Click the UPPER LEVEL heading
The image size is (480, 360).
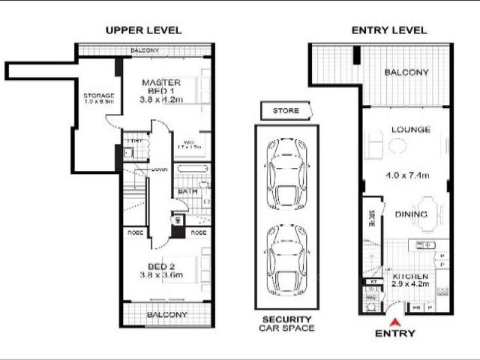pos(143,30)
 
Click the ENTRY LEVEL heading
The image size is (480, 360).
pos(389,30)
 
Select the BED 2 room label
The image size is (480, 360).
pos(162,266)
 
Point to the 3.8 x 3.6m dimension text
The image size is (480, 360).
pos(162,275)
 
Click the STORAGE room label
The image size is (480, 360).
pos(98,96)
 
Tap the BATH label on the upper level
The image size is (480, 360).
pos(188,191)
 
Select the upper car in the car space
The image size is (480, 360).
pos(286,172)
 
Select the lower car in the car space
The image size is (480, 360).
pos(286,259)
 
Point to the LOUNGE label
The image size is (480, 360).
pos(410,130)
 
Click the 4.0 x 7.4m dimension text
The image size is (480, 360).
pos(407,175)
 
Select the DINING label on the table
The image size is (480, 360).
pos(411,214)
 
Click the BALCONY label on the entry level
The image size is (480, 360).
pos(406,73)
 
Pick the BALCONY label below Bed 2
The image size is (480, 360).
pos(166,315)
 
